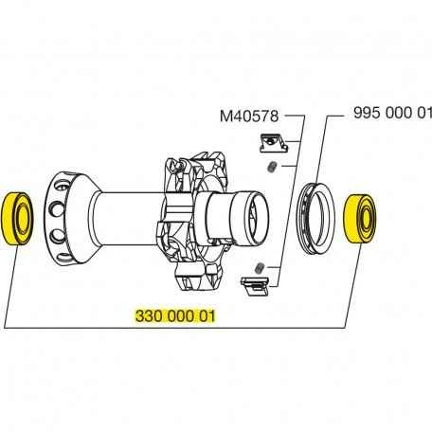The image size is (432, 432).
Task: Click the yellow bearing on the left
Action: (x=19, y=220)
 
